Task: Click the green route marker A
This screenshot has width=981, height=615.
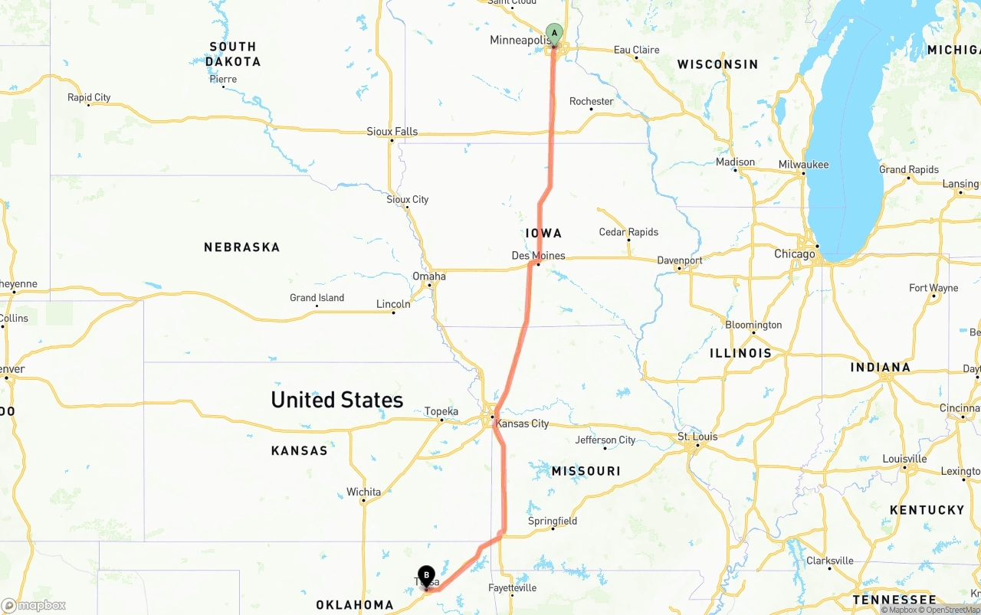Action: click(x=554, y=34)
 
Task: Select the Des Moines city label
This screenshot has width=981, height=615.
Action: click(x=538, y=256)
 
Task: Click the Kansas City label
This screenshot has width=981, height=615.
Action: click(x=522, y=424)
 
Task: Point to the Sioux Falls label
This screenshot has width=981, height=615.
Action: click(x=392, y=132)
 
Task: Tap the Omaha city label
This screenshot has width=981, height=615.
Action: click(x=428, y=276)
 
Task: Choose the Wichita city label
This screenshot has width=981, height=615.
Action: click(x=363, y=492)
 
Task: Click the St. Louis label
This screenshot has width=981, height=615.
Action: click(x=697, y=437)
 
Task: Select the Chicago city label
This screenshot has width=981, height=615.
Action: click(x=794, y=254)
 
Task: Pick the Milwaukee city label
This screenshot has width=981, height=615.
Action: click(x=803, y=165)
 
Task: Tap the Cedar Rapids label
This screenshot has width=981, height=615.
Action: click(x=628, y=232)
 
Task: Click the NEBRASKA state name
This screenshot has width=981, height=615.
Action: click(x=241, y=247)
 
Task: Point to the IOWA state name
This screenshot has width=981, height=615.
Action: click(x=543, y=233)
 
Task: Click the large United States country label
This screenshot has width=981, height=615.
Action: click(x=336, y=400)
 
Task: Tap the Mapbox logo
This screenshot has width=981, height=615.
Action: click(x=34, y=605)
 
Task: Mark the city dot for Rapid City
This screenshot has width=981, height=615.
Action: click(x=89, y=105)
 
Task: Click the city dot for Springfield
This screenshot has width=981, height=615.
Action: click(x=553, y=529)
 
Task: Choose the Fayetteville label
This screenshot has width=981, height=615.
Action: click(x=512, y=588)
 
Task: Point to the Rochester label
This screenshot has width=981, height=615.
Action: click(x=591, y=101)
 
